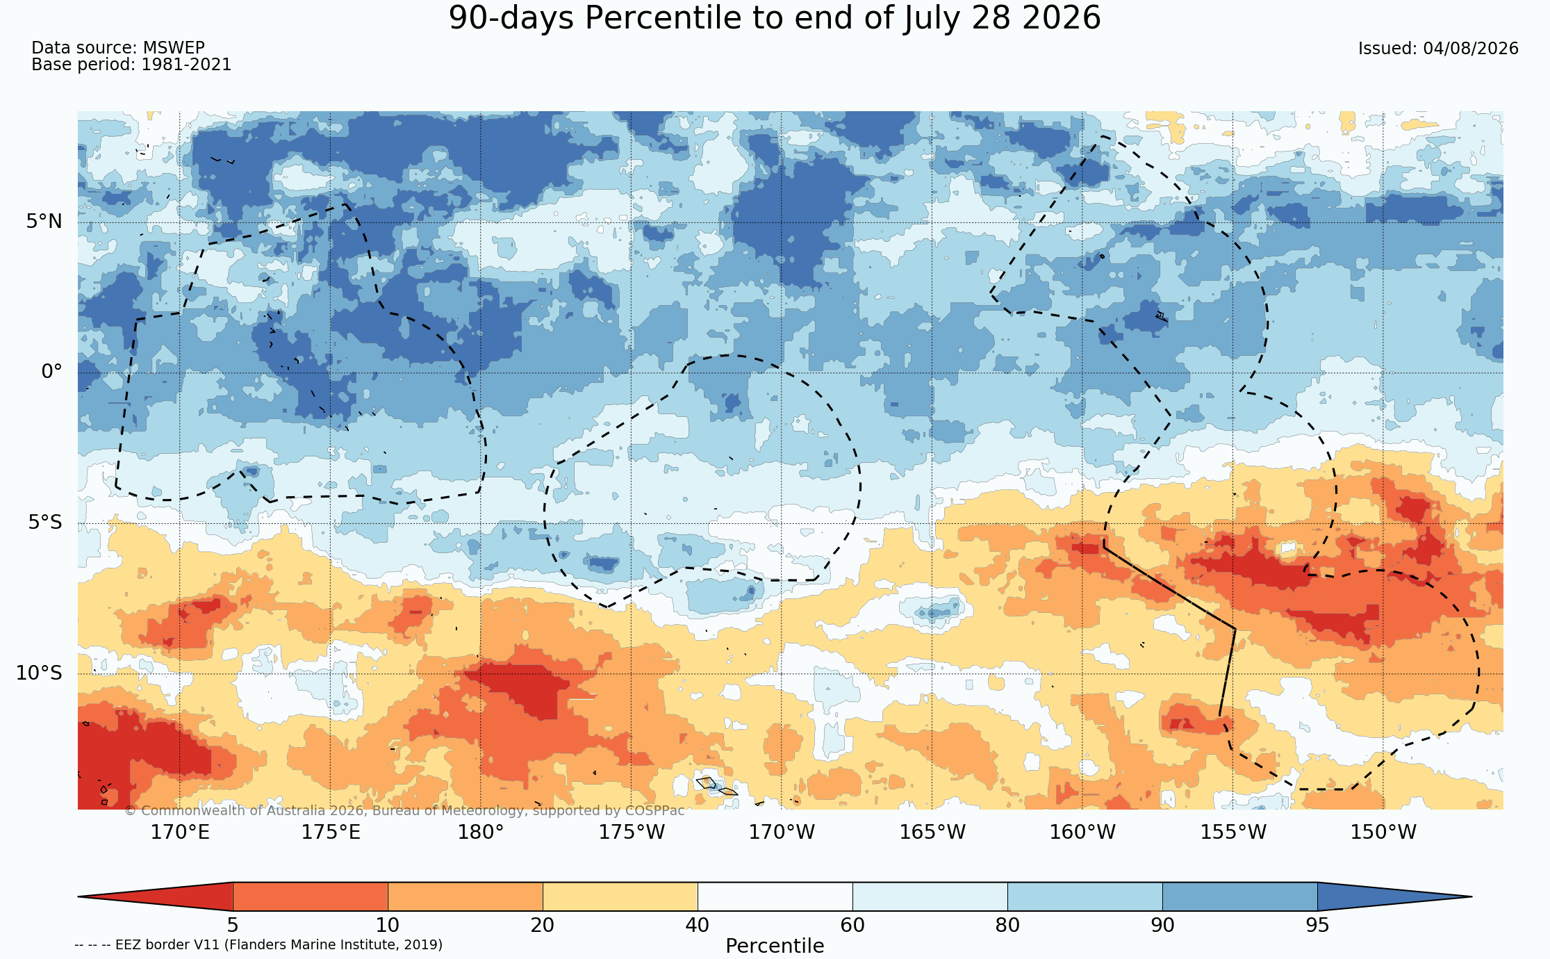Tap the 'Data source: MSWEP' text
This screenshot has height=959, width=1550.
tap(118, 48)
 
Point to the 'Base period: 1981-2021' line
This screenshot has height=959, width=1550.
tap(131, 65)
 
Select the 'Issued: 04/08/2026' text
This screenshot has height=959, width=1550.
tap(1438, 49)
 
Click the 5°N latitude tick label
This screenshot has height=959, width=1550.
tap(44, 222)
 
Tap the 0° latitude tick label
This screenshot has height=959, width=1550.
tap(51, 372)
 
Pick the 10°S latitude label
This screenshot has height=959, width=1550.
tap(39, 673)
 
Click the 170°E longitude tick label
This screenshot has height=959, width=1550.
tap(180, 832)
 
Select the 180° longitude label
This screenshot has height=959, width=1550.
tap(480, 832)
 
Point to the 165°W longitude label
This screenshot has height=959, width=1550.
tap(932, 832)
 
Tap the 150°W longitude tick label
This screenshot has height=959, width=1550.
tap(1383, 832)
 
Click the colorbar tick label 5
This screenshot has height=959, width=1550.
tap(233, 925)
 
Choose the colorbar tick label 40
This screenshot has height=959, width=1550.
tap(698, 925)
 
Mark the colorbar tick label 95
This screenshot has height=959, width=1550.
tap(1317, 925)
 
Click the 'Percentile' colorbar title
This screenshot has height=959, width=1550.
tap(775, 946)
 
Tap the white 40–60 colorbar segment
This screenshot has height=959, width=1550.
tap(775, 896)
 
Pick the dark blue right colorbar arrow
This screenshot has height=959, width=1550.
tap(1383, 896)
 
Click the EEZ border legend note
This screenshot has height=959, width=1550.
tap(258, 944)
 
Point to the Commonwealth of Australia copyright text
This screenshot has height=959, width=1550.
tap(404, 810)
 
